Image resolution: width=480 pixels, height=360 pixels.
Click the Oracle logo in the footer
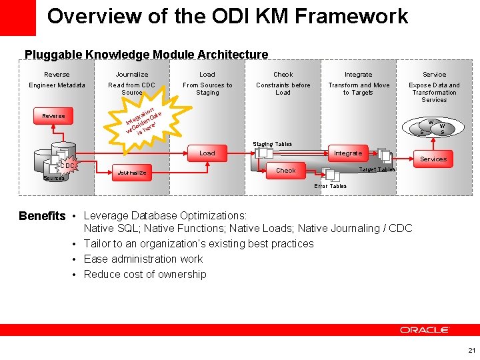click(x=425, y=330)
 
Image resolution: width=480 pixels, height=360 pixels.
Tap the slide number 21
click(x=471, y=350)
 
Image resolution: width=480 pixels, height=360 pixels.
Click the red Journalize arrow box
click(x=131, y=173)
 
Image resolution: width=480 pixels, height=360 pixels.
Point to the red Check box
click(x=285, y=171)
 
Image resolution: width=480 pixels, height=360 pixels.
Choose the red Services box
click(x=433, y=159)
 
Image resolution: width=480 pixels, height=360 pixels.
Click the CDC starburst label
click(x=67, y=165)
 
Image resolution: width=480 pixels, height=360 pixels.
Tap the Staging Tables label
click(x=271, y=144)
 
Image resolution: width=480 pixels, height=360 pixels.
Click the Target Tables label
click(x=377, y=169)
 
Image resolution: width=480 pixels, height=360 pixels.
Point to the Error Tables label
click(x=330, y=186)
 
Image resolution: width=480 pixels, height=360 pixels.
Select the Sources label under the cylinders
click(x=53, y=178)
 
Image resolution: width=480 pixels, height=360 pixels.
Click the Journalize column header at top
click(x=132, y=75)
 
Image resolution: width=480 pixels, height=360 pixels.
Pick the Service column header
click(x=434, y=75)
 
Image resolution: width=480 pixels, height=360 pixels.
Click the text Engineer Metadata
click(x=57, y=85)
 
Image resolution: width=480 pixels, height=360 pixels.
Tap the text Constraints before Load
click(x=283, y=89)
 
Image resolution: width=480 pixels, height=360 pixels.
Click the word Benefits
click(x=42, y=216)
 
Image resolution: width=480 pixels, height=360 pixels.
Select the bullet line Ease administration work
click(x=143, y=259)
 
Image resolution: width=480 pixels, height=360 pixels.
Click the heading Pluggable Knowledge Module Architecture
click(x=146, y=55)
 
